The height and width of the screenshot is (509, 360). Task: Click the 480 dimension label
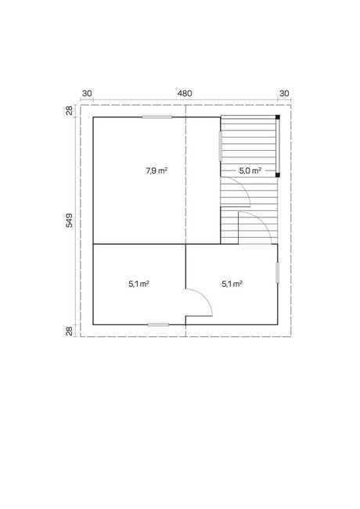point(185,94)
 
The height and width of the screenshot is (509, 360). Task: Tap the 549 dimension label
point(70,220)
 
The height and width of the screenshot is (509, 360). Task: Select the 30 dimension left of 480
point(87,94)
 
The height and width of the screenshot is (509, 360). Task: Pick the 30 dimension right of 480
point(284,94)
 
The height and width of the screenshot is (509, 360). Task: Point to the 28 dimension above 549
point(70,110)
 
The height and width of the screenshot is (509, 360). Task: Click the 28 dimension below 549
point(70,331)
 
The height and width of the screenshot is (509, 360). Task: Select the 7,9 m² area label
point(157,170)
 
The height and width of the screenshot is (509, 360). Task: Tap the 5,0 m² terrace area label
point(250,170)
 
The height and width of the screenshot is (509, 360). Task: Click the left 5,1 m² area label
point(139,284)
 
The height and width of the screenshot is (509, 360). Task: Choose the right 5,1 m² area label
point(232,284)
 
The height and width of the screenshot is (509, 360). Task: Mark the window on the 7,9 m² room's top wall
point(157,116)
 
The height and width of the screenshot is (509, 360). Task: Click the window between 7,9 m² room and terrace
point(220,145)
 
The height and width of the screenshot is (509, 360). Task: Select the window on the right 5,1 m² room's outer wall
point(278,273)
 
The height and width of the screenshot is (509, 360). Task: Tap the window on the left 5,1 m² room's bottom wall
point(158,324)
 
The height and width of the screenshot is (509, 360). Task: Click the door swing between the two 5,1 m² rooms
point(205,296)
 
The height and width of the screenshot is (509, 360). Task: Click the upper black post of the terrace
point(278,117)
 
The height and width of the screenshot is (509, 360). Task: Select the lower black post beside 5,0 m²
point(278,175)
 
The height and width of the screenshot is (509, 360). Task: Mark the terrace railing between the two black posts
point(278,146)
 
